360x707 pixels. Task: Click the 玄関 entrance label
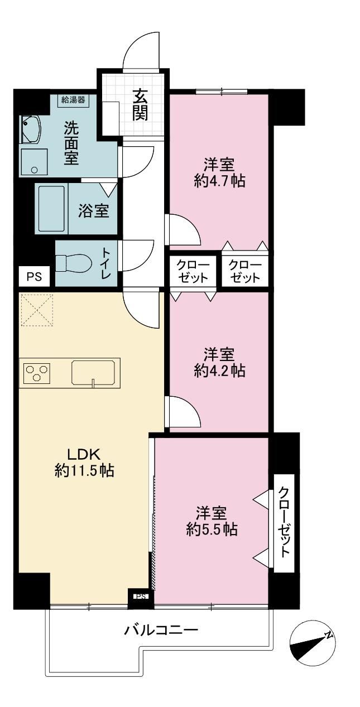[x=140, y=105]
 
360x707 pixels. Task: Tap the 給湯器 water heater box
[x=73, y=100]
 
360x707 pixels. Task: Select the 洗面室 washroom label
[x=71, y=143]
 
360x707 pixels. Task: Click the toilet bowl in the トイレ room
[x=74, y=263]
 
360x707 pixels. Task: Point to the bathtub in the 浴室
[x=51, y=209]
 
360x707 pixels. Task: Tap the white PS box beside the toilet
[x=34, y=277]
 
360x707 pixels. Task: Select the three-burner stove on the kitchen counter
[x=37, y=374]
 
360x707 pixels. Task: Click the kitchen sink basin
[x=93, y=372]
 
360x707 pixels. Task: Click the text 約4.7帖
[x=220, y=181]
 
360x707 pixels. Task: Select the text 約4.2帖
[x=220, y=371]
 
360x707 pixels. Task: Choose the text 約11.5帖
[x=84, y=471]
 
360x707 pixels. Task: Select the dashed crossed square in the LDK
[x=37, y=309]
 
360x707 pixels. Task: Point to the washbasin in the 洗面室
[x=31, y=129]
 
